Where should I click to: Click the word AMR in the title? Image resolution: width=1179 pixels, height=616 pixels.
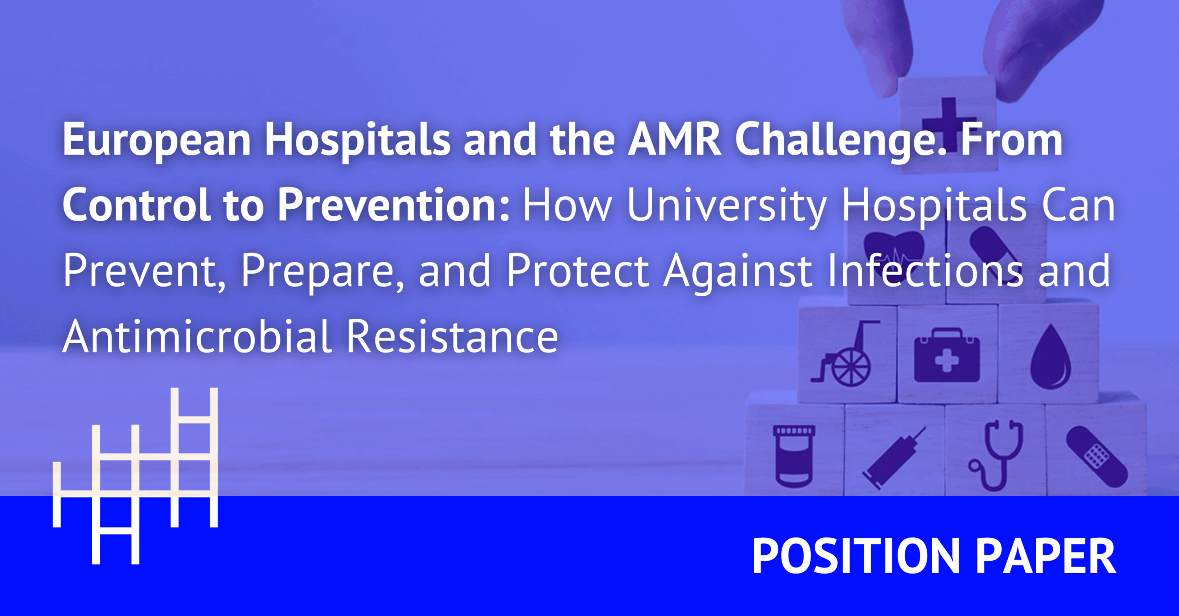(675, 139)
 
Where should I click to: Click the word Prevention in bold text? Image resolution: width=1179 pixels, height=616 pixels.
(394, 205)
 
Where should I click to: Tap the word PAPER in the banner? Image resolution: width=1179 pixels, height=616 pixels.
(1046, 556)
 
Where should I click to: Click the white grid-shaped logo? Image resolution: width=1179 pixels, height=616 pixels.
(135, 476)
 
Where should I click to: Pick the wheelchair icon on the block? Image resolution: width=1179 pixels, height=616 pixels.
(844, 354)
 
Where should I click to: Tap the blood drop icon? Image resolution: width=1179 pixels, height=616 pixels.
(1051, 357)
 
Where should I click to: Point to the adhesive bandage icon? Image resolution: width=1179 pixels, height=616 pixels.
(1097, 457)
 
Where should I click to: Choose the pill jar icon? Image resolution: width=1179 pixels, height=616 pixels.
(794, 456)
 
